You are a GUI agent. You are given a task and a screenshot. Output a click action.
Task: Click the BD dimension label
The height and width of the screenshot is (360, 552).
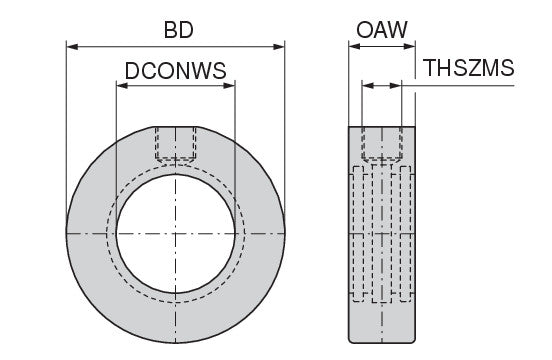tap(178, 30)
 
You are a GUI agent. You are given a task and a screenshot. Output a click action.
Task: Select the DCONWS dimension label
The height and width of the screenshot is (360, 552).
tap(176, 71)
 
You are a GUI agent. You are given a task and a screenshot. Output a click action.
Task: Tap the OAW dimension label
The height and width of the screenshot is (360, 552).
tap(382, 30)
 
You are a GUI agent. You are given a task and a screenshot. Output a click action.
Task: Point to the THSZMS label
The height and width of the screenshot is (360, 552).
tap(469, 68)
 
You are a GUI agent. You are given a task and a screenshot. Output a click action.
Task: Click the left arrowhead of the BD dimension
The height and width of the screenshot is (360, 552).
tap(72, 46)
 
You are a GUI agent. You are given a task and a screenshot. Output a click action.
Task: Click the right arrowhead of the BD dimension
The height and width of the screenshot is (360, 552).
tap(279, 46)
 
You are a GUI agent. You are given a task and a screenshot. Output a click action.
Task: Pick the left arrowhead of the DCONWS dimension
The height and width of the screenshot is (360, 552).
tap(122, 86)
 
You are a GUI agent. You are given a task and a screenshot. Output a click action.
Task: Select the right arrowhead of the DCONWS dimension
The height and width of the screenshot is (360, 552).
tap(229, 86)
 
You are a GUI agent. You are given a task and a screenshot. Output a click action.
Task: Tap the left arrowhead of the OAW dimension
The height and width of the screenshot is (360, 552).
tap(355, 46)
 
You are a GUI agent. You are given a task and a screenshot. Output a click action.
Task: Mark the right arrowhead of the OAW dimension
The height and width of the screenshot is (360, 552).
tap(409, 46)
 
